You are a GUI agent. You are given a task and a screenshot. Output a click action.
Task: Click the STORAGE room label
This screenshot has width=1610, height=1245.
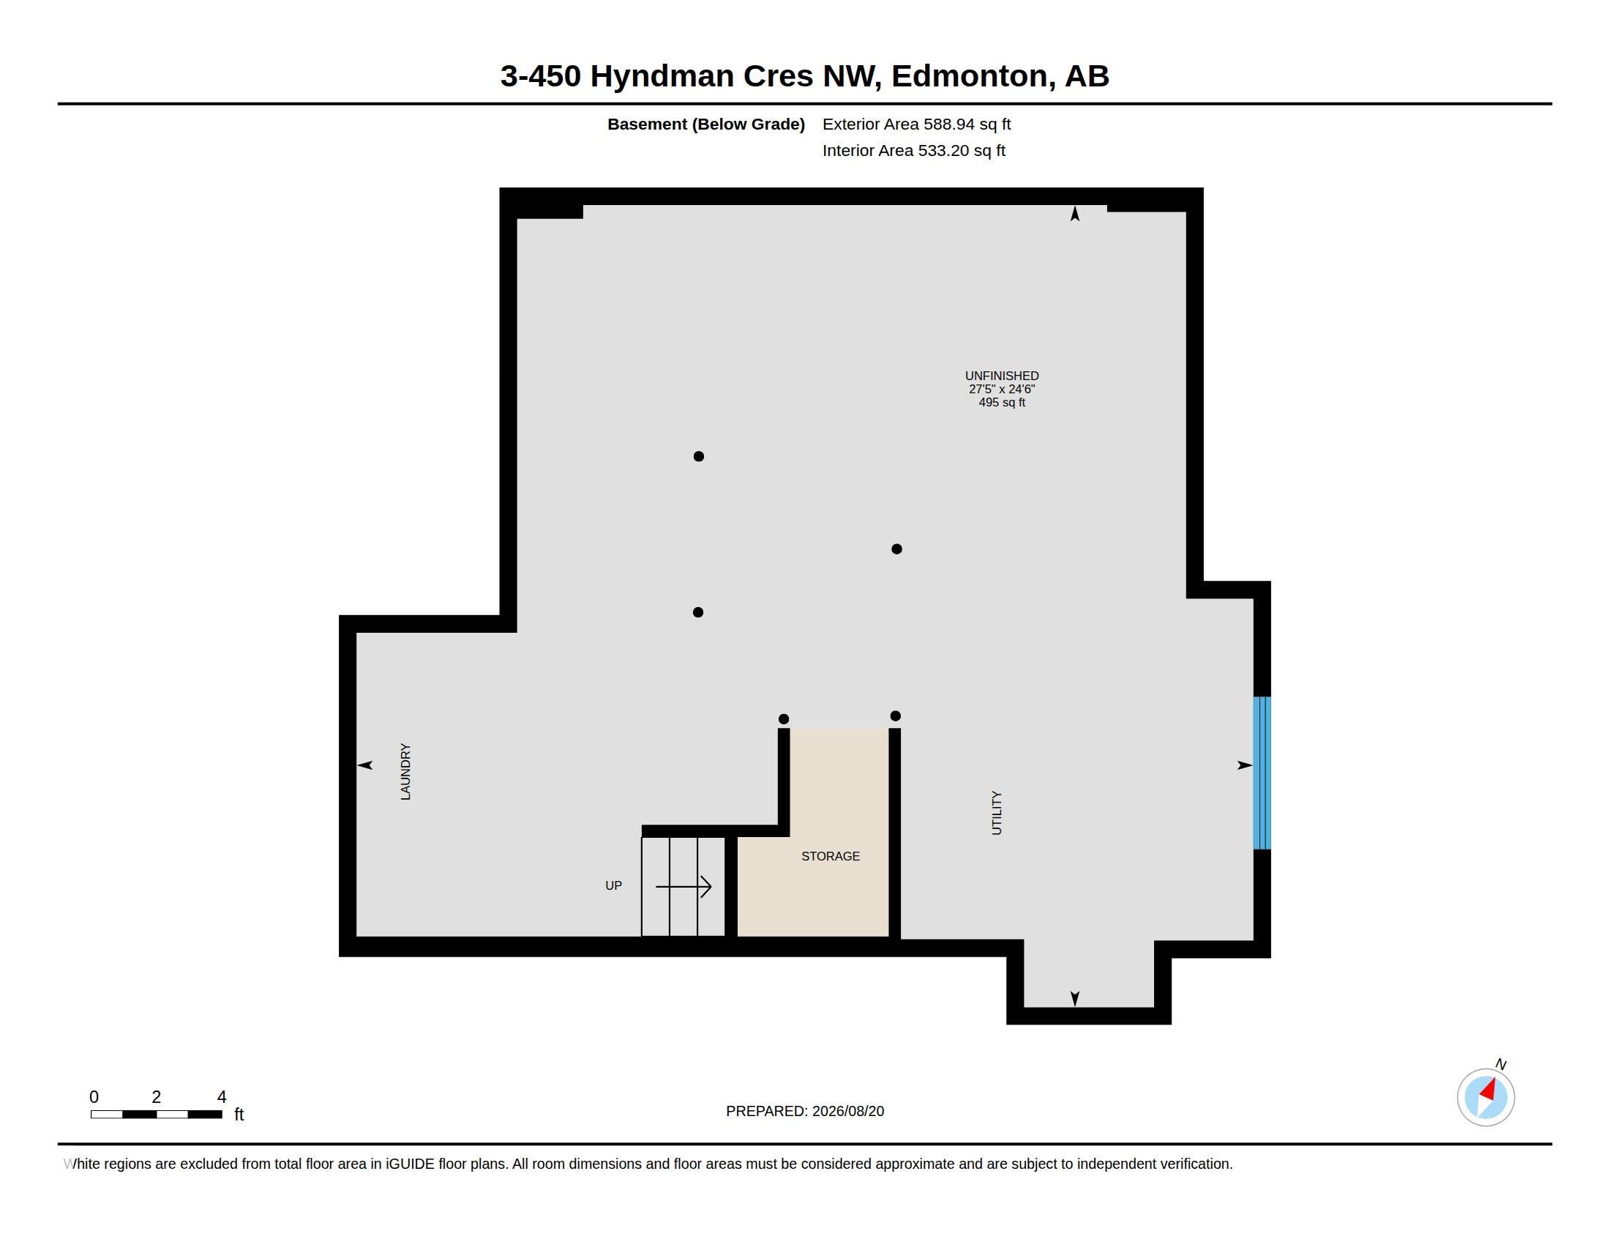coord(830,856)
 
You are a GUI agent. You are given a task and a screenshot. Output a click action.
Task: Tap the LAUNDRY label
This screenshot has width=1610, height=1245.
coord(405,771)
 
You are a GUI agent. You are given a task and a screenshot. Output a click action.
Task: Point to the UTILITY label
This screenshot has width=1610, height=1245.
coord(997,813)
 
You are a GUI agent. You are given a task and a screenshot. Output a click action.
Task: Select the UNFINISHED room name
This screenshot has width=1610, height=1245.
coord(1002,376)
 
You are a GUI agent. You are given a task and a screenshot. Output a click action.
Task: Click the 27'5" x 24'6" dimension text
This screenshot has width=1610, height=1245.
coord(1002,390)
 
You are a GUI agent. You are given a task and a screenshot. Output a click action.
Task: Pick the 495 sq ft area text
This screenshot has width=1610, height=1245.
coord(1002,403)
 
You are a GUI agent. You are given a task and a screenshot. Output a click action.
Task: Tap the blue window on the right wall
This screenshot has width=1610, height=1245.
coord(1262,773)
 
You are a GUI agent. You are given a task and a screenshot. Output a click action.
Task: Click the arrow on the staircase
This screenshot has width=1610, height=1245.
coord(684,887)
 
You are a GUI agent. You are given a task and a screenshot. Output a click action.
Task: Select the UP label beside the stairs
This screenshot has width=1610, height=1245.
coord(613,886)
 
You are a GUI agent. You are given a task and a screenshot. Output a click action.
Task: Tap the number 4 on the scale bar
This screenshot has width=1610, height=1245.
coord(222,1097)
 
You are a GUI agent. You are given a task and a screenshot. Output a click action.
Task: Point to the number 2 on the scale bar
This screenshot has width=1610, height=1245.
coord(157,1097)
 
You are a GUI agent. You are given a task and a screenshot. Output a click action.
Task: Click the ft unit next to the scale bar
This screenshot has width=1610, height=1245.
coord(239,1115)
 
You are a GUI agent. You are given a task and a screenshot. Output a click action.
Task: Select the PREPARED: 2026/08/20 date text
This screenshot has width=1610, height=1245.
coord(805,1112)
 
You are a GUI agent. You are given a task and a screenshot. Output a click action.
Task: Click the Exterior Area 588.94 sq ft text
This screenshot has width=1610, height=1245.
coord(916,124)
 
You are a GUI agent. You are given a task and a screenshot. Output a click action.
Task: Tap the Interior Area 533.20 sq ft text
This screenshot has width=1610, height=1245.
coord(913,150)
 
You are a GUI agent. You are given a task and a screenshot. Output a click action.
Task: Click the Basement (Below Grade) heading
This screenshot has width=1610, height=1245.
coord(705,124)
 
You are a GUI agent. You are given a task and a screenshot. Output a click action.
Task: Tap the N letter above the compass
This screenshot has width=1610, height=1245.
coord(1501,1064)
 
